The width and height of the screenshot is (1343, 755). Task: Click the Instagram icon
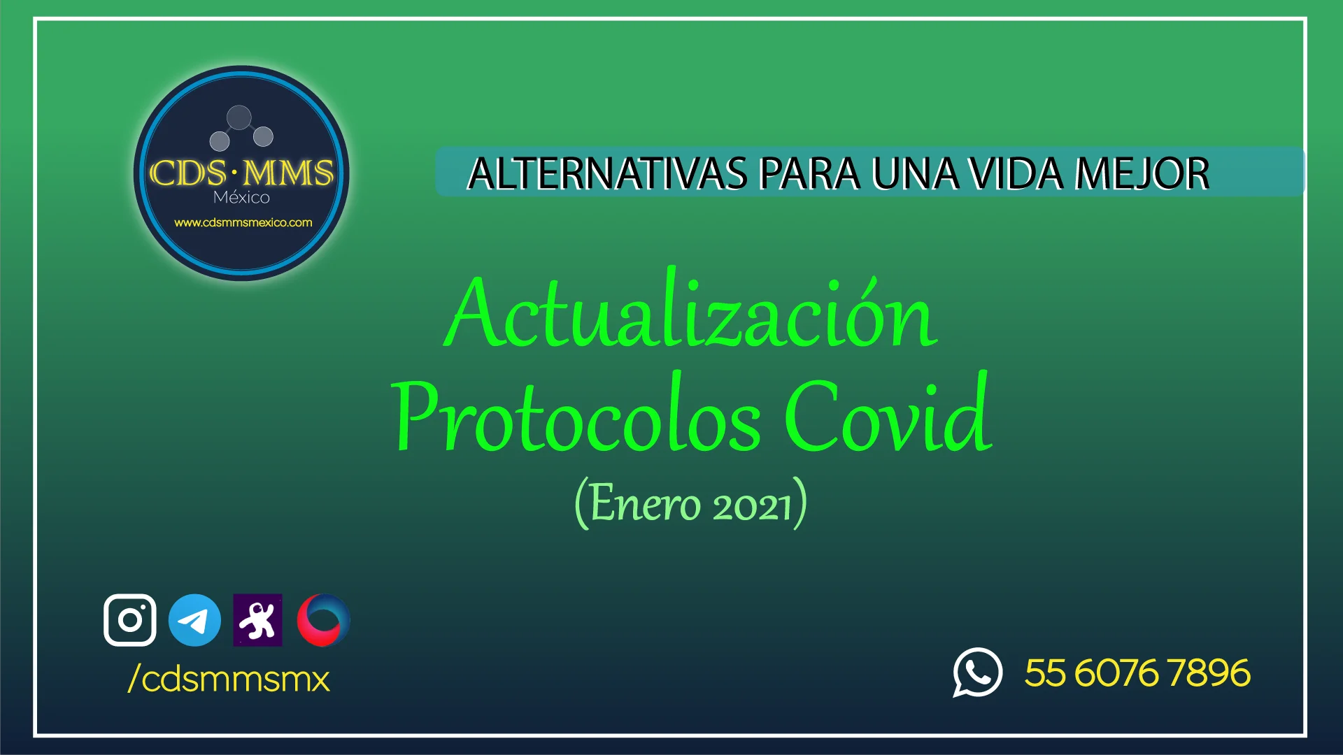[130, 620]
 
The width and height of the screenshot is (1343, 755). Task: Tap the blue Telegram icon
[194, 620]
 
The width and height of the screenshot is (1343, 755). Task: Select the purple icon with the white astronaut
[257, 620]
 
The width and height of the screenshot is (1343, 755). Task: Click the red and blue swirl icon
[323, 620]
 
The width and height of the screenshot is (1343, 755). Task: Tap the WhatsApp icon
[977, 673]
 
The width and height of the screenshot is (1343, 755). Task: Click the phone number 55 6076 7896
[1137, 673]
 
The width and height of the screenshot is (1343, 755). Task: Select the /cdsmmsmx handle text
[229, 679]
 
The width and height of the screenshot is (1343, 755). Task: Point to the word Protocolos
[576, 414]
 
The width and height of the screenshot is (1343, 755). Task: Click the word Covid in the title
[888, 412]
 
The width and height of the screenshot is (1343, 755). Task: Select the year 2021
[752, 505]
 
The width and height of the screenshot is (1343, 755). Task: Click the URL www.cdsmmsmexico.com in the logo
[243, 223]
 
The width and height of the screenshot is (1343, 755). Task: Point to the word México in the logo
[241, 196]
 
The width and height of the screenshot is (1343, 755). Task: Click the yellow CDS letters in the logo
[187, 173]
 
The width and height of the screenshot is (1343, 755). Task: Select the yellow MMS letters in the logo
[288, 173]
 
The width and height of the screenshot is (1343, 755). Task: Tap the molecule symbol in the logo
[241, 127]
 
